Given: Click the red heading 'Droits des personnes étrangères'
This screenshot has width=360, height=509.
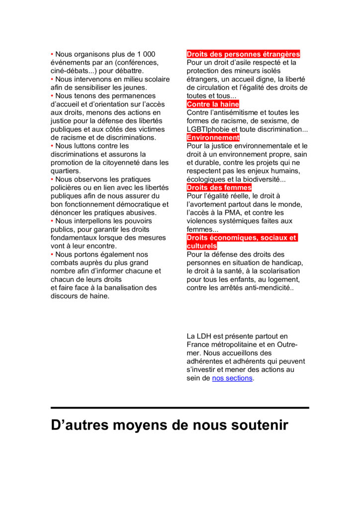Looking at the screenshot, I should tap(243, 54).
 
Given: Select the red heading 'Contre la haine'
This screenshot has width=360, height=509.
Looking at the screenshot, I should tap(213, 104).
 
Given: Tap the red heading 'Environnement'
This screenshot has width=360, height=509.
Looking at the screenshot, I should tap(213, 138).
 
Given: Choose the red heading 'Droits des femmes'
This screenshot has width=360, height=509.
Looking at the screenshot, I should tap(219, 187).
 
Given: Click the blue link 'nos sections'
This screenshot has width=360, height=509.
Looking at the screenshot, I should tap(232, 378).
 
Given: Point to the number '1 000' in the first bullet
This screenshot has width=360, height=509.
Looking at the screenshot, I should tap(146, 54).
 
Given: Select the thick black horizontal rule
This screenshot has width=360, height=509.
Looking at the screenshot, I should tap(180, 408).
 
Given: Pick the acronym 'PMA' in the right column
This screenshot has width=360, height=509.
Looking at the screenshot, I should tap(237, 213).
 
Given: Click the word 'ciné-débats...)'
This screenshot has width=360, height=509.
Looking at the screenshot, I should tap(75, 71).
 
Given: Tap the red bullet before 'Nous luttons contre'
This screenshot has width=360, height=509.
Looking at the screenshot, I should tap(52, 146).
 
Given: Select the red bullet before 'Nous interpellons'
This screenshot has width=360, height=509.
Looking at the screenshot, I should tap(52, 221).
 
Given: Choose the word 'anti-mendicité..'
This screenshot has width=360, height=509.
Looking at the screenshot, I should tap(268, 288).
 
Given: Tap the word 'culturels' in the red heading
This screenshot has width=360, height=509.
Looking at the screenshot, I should tap(202, 246).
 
